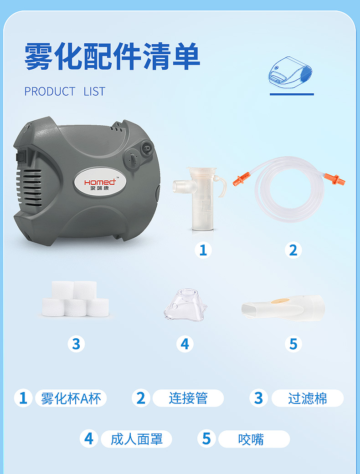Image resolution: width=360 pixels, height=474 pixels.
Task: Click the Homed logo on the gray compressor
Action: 100,183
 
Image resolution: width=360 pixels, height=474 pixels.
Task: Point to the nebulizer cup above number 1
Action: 200,199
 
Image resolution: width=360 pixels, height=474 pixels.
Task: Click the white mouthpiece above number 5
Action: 283,307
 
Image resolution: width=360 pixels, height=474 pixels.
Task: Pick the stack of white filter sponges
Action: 75,299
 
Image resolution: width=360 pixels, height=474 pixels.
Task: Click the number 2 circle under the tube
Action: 293,250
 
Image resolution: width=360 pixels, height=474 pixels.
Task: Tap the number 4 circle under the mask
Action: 185,344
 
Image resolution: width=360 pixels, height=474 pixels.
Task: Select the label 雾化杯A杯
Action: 71,398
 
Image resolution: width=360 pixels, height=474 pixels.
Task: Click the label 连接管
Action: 188,398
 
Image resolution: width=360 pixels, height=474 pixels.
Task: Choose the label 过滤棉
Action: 307,398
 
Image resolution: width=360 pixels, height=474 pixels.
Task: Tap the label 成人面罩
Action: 136,439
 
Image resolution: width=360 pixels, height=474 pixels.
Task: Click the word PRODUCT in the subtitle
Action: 50,91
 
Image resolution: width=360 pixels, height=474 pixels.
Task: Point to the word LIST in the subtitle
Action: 94,91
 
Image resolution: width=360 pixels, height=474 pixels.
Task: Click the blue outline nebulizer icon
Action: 290,72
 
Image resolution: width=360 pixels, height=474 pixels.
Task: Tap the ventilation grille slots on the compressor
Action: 29,188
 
